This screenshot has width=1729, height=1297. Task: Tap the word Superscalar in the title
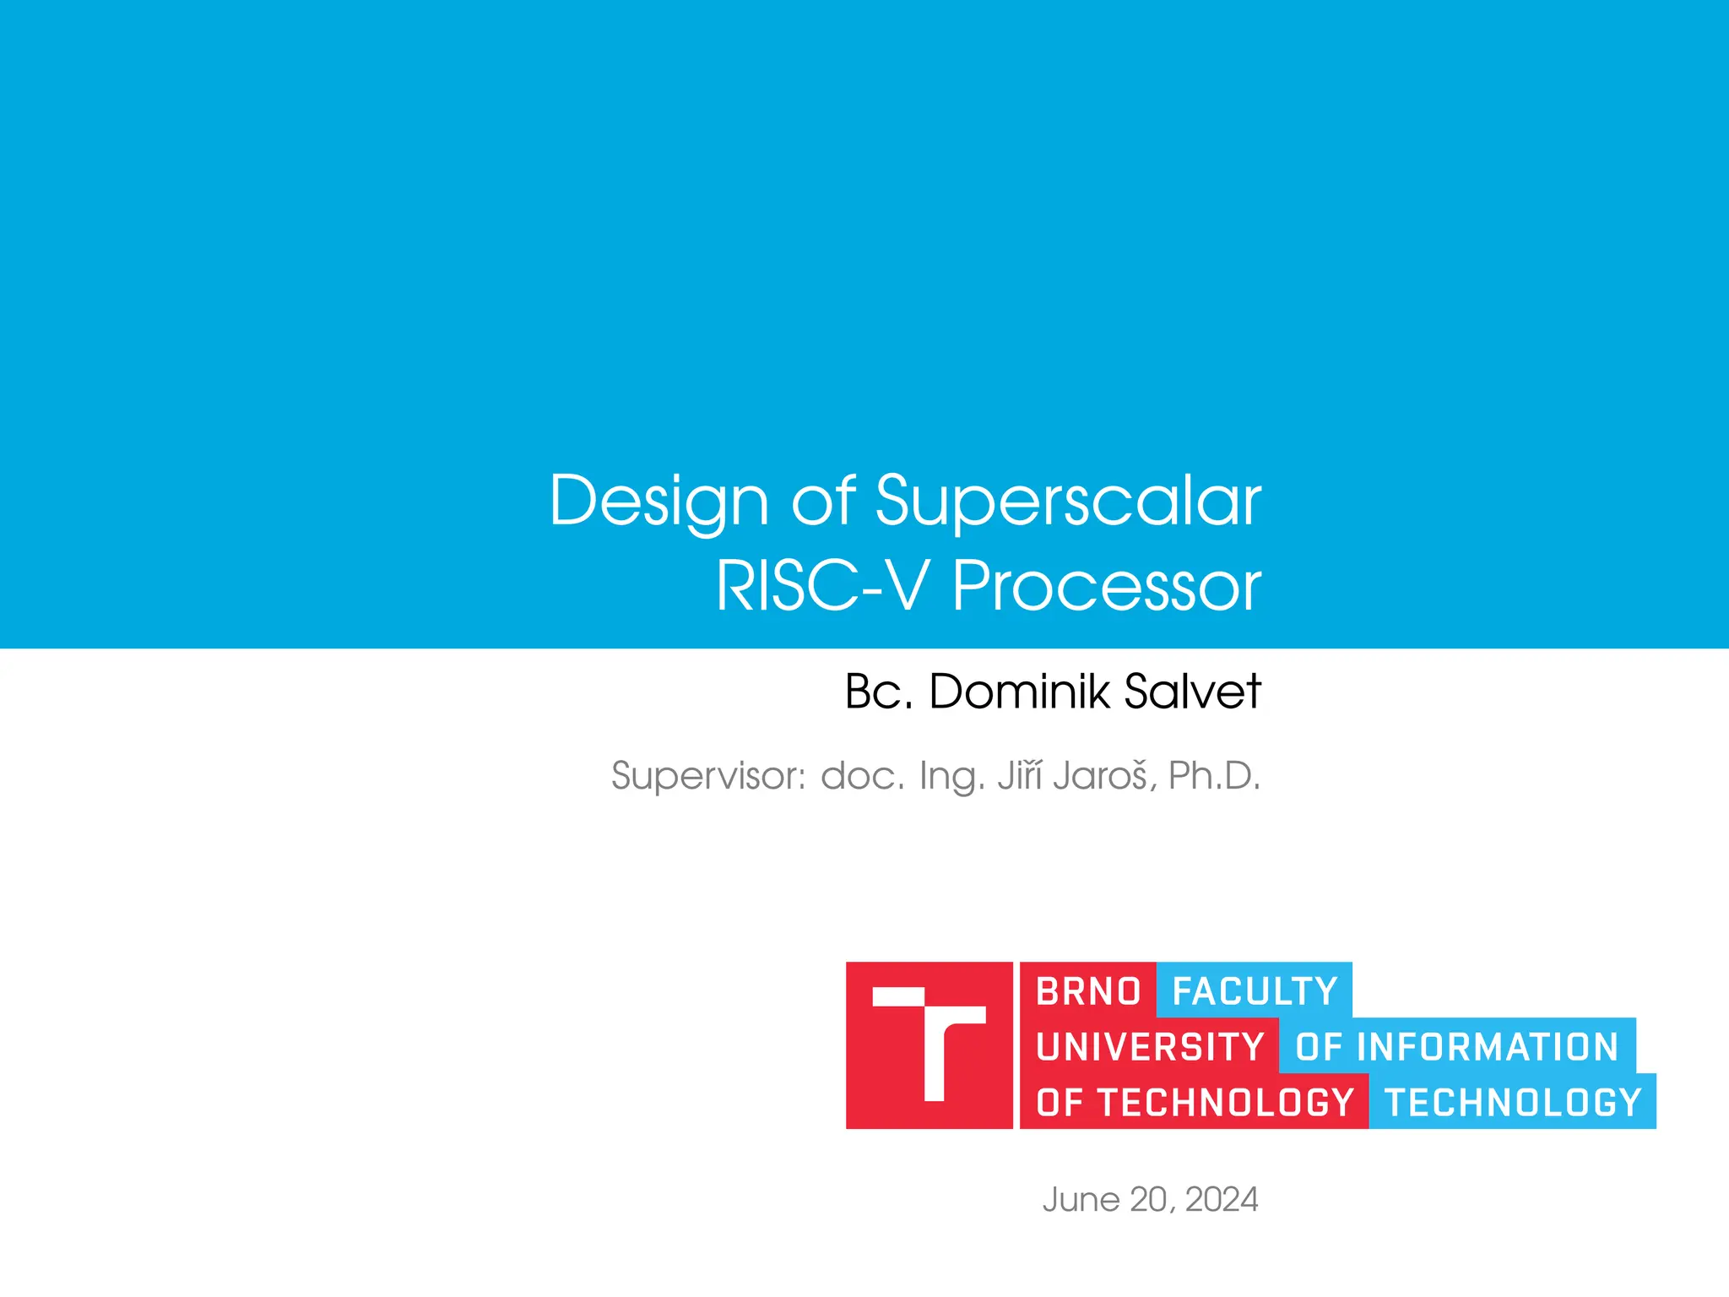point(1068,502)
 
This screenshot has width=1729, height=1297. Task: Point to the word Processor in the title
point(1107,586)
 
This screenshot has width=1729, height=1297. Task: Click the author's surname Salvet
point(1192,692)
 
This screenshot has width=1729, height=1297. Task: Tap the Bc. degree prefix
point(879,692)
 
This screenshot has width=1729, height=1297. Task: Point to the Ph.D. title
point(1214,776)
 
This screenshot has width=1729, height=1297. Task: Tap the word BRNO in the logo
point(1088,991)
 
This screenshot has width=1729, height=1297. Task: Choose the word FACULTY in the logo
point(1255,991)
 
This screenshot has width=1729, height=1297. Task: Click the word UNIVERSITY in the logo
point(1150,1047)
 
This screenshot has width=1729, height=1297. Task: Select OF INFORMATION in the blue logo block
point(1457,1047)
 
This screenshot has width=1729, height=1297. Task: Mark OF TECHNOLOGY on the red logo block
point(1195,1103)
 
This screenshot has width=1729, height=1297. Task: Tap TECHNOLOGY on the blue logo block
point(1513,1103)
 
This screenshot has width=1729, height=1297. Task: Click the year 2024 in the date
point(1221,1200)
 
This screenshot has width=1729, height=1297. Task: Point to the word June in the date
point(1081,1200)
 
